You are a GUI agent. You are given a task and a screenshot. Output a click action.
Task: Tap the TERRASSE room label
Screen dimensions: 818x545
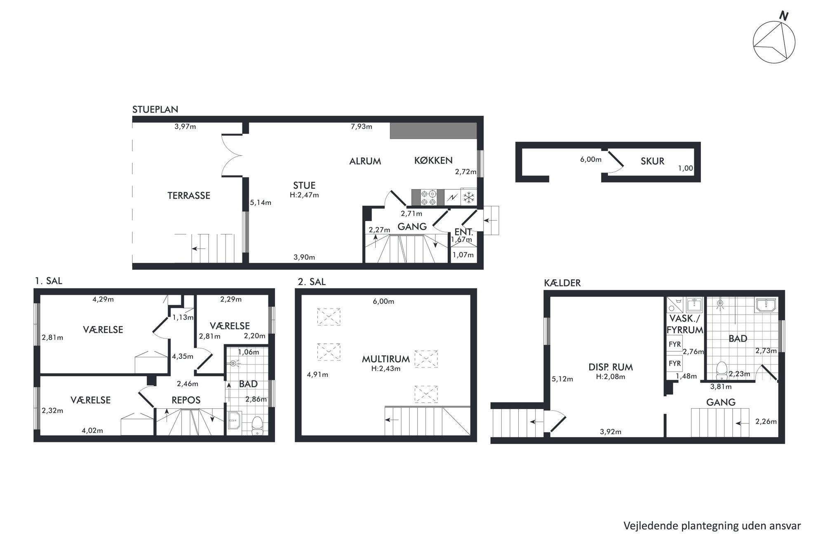click(x=189, y=196)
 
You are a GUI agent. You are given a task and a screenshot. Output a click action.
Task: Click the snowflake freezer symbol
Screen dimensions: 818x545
click(x=469, y=197)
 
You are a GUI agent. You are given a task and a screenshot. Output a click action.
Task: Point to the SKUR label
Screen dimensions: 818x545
click(x=652, y=161)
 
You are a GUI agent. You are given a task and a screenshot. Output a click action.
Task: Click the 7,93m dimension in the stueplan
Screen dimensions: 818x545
click(x=362, y=126)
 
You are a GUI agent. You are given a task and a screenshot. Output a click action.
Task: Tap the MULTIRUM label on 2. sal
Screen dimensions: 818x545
click(x=386, y=359)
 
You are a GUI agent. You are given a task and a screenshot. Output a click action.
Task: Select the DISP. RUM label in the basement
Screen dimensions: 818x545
click(x=611, y=367)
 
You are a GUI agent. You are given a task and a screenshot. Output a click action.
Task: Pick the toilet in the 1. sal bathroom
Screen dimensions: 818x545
click(x=257, y=426)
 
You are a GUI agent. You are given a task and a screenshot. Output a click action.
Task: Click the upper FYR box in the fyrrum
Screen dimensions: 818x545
click(x=675, y=344)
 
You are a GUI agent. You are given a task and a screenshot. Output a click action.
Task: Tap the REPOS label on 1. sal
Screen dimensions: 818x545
click(x=186, y=400)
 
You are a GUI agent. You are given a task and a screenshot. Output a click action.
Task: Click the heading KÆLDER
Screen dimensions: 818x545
click(x=562, y=283)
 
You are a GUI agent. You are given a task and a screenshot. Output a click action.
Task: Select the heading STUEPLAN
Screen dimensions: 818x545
click(x=155, y=110)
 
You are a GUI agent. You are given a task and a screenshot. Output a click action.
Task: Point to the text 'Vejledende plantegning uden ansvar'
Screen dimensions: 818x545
click(x=712, y=526)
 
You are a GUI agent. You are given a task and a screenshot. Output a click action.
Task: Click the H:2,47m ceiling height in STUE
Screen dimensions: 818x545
click(x=304, y=195)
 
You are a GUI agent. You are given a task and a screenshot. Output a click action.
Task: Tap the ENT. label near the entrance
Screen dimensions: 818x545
click(x=463, y=232)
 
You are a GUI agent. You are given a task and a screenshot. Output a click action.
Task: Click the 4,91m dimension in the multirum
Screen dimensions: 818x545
click(x=317, y=375)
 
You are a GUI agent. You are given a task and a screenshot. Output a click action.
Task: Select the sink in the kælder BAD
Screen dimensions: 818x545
click(x=766, y=305)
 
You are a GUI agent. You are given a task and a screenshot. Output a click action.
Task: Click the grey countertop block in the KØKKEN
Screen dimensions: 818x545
click(x=433, y=130)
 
